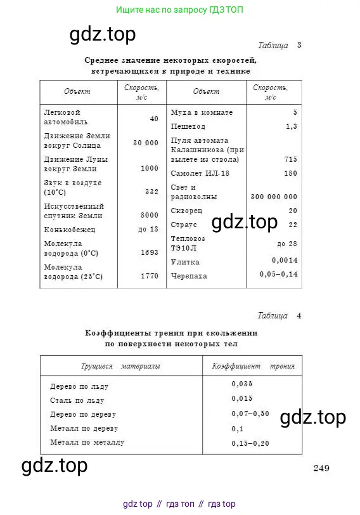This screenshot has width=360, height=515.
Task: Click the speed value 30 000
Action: tap(146, 143)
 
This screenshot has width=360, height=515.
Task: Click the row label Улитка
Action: tap(185, 262)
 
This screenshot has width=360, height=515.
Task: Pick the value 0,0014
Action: tap(285, 261)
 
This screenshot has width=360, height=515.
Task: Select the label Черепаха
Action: tap(189, 277)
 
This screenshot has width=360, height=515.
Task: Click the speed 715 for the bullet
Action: tap(290, 159)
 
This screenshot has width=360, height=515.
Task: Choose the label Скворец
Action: tap(187, 211)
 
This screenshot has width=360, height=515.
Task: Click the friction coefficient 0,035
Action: tap(242, 384)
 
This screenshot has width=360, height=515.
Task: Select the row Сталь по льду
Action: tap(77, 400)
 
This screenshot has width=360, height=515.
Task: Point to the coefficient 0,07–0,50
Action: tap(250, 414)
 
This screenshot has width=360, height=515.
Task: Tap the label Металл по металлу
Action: tap(87, 442)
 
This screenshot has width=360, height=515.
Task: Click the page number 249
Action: tap(321, 469)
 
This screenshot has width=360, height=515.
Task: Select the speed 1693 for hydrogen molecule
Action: tap(149, 252)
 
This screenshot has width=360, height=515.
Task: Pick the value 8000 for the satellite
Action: tap(149, 215)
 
